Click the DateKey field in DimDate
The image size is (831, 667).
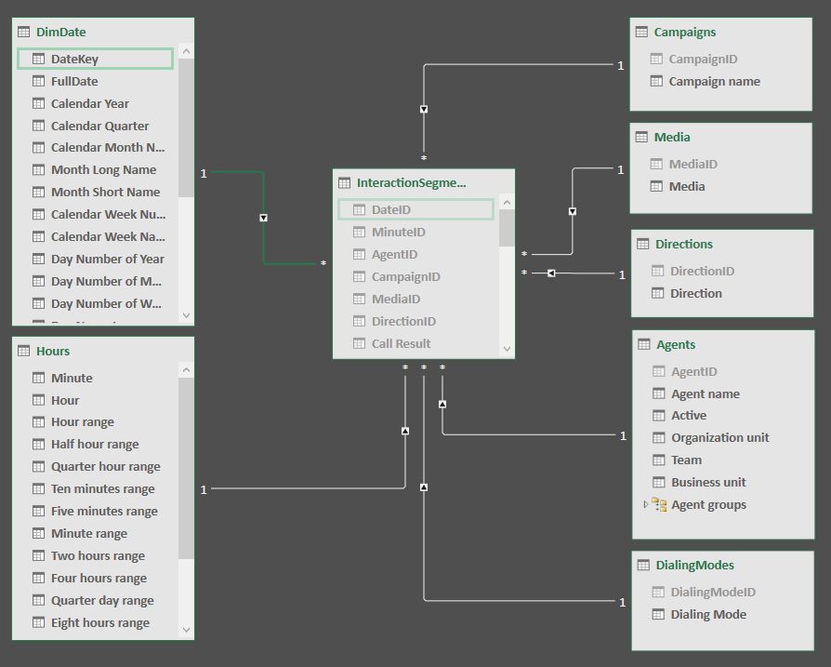pyautogui.click(x=74, y=59)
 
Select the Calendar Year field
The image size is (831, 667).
pyautogui.click(x=89, y=103)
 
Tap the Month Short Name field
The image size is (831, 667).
pyautogui.click(x=105, y=192)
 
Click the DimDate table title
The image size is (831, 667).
pyautogui.click(x=60, y=32)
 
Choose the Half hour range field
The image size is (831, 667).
pyautogui.click(x=94, y=445)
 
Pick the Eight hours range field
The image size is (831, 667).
pyautogui.click(x=99, y=623)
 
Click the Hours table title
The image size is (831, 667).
pyautogui.click(x=53, y=351)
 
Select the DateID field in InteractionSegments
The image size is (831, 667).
pyautogui.click(x=390, y=210)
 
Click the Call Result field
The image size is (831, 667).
pyautogui.click(x=401, y=343)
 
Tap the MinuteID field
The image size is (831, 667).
pyautogui.click(x=398, y=232)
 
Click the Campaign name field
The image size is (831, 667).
pyautogui.click(x=714, y=81)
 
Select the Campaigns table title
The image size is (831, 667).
pyautogui.click(x=684, y=32)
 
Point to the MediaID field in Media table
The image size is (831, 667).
pyautogui.click(x=692, y=164)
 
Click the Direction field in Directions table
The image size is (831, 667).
pyautogui.click(x=695, y=293)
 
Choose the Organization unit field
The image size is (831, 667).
pyautogui.click(x=719, y=437)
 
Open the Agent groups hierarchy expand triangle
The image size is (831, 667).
pyautogui.click(x=646, y=504)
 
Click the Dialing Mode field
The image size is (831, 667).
pyautogui.click(x=707, y=614)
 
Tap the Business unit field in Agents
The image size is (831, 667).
pyautogui.click(x=708, y=482)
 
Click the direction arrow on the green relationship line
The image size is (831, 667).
pyautogui.click(x=264, y=219)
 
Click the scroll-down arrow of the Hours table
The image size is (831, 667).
pyautogui.click(x=186, y=630)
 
